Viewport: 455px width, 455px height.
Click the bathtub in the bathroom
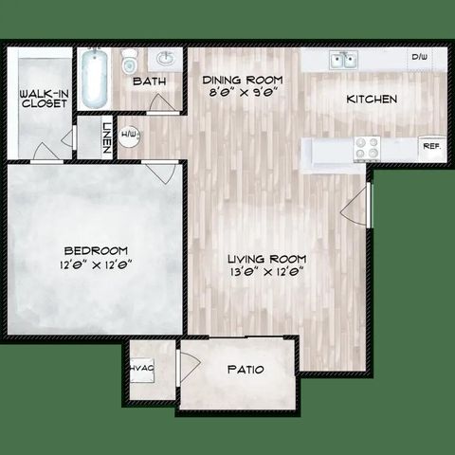click(x=93, y=79)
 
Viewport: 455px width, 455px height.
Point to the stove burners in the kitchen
click(x=366, y=149)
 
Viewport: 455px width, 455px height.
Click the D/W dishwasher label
click(x=419, y=59)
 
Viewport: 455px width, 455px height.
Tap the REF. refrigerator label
click(x=430, y=147)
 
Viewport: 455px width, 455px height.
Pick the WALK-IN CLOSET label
click(x=43, y=98)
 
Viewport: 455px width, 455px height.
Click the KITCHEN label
click(x=371, y=99)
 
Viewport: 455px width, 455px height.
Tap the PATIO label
click(x=245, y=370)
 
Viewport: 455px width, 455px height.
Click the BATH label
click(x=149, y=82)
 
